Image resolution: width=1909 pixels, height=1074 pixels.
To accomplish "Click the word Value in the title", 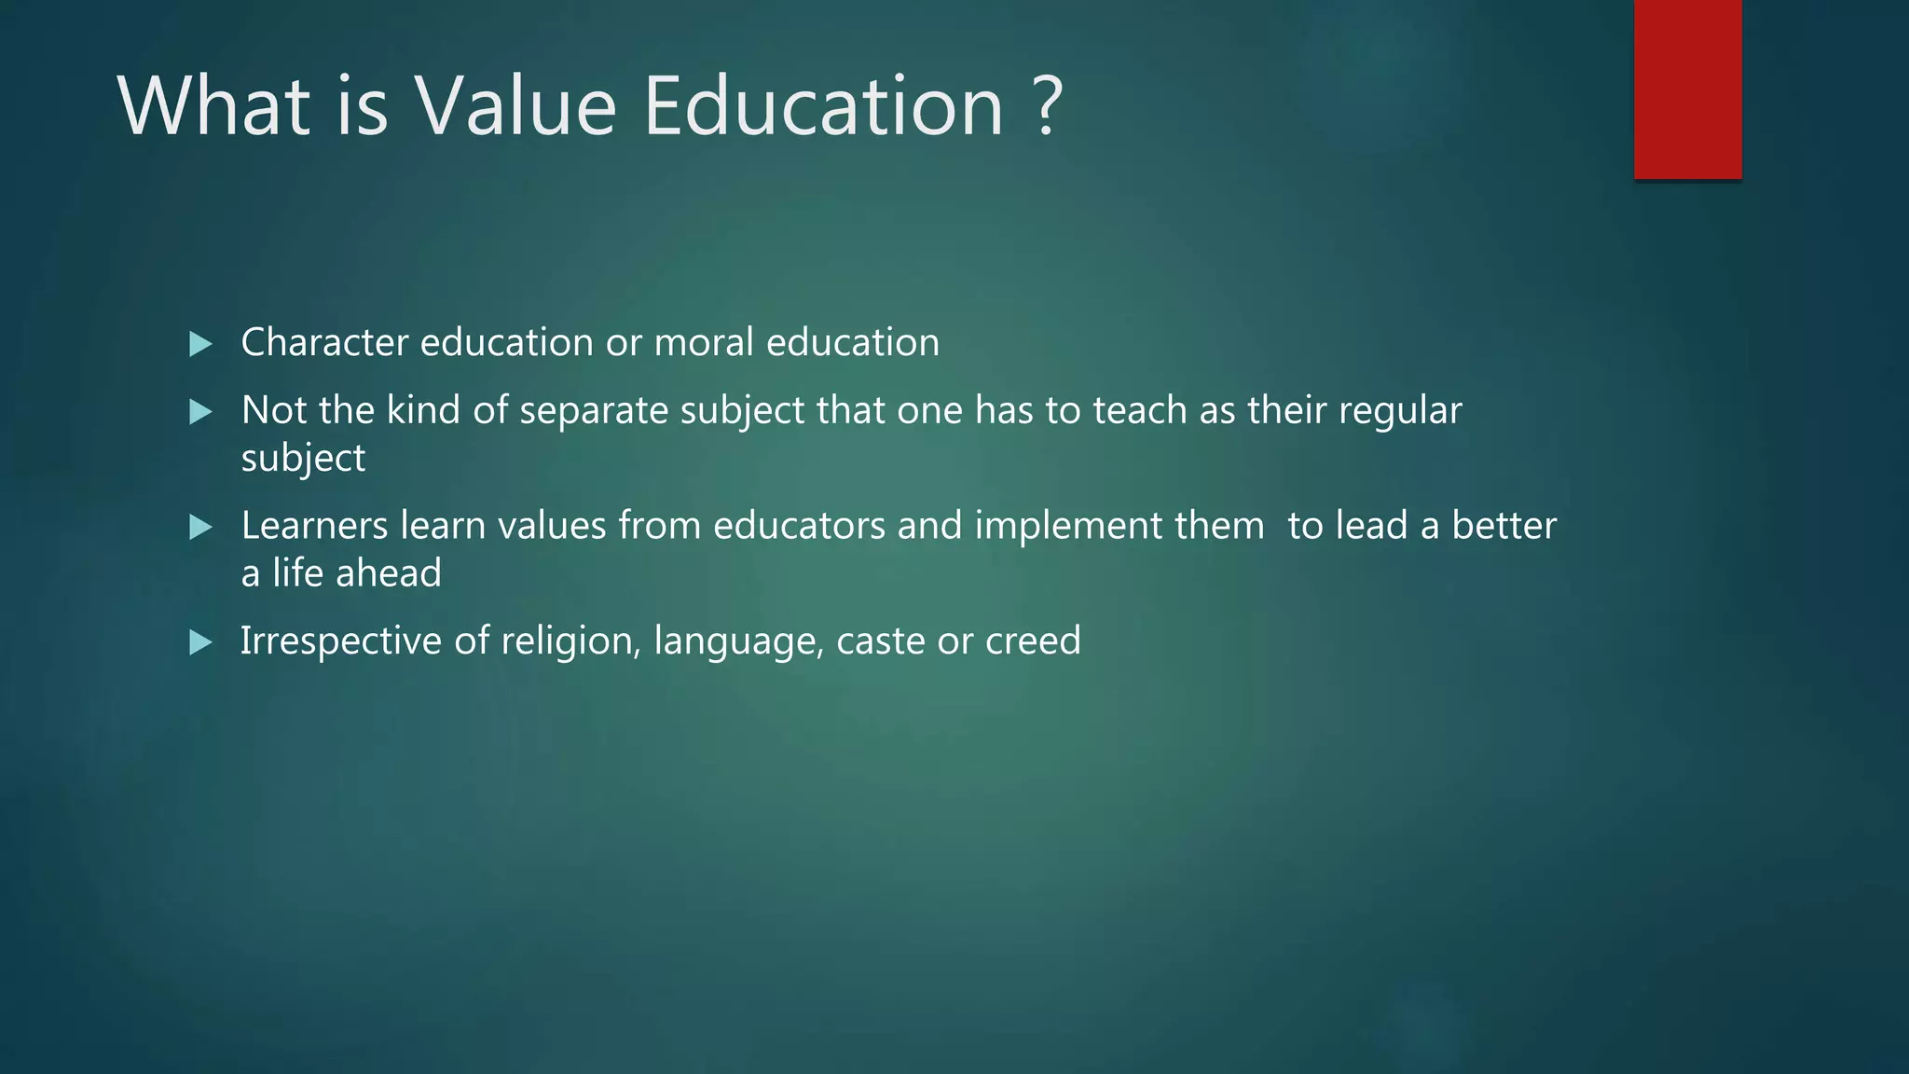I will tap(515, 106).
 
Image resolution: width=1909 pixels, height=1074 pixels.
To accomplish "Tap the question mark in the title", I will tap(1049, 106).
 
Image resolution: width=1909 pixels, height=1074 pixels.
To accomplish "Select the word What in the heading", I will tap(213, 106).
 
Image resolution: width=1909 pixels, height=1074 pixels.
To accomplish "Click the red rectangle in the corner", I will tap(1687, 89).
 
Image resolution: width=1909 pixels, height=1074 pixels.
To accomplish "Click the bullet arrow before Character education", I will tap(200, 344).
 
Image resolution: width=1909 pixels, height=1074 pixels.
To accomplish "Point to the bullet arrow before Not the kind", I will tap(200, 412).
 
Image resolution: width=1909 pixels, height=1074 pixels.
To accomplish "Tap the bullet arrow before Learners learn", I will tap(200, 528).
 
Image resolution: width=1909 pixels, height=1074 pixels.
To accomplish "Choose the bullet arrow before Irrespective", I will tap(200, 642).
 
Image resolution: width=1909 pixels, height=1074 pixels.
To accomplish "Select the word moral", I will tap(704, 343).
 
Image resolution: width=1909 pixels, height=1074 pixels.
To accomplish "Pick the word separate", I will tap(594, 411).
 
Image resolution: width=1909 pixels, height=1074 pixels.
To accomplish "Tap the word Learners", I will tap(314, 526).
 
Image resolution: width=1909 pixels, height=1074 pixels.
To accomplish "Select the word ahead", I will tap(388, 573).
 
